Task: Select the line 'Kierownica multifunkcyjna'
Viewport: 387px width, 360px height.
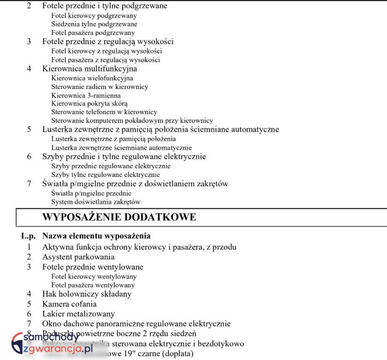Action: tap(90, 69)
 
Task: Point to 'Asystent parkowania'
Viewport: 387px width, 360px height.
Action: tap(78, 257)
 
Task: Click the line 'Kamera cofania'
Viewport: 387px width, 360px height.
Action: tap(69, 304)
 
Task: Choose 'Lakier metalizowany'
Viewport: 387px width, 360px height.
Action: tap(79, 314)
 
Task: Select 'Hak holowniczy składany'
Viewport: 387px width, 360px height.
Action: tap(87, 294)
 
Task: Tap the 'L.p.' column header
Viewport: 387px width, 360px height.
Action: tap(28, 236)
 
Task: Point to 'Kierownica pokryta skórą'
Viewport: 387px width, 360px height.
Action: tap(90, 103)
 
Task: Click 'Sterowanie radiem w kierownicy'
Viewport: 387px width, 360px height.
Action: tap(99, 86)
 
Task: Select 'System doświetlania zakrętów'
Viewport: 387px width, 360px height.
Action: tap(92, 202)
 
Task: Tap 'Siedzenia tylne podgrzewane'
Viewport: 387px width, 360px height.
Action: tap(94, 24)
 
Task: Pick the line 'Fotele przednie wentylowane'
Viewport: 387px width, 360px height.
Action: tap(93, 267)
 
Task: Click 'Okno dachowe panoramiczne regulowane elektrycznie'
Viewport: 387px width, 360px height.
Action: tap(136, 324)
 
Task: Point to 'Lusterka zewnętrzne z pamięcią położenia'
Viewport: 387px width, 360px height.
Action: tap(106, 139)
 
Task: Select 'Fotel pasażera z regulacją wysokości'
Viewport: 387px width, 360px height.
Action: tap(105, 60)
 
